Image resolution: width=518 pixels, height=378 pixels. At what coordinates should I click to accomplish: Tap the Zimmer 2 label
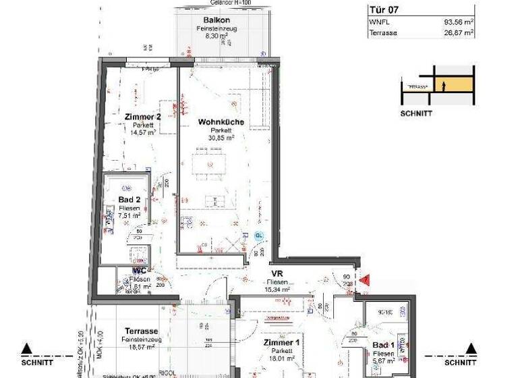pos(142,117)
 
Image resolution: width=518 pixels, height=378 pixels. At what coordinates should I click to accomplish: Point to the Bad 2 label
pos(129,200)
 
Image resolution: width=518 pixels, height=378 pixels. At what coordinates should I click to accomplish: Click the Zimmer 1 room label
pos(281,343)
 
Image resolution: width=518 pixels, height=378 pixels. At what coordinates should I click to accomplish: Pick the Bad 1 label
pos(384,344)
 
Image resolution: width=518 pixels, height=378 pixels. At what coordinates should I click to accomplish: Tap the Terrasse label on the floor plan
pos(142,331)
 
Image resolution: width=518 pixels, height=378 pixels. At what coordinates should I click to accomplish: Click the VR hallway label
pos(277,273)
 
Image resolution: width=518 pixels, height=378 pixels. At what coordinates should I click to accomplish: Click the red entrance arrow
pos(365,279)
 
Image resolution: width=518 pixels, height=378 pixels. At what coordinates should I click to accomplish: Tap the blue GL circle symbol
pos(259,236)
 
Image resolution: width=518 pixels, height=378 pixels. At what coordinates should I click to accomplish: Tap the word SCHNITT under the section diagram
pos(416,113)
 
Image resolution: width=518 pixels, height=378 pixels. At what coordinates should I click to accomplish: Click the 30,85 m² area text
pos(221,138)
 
